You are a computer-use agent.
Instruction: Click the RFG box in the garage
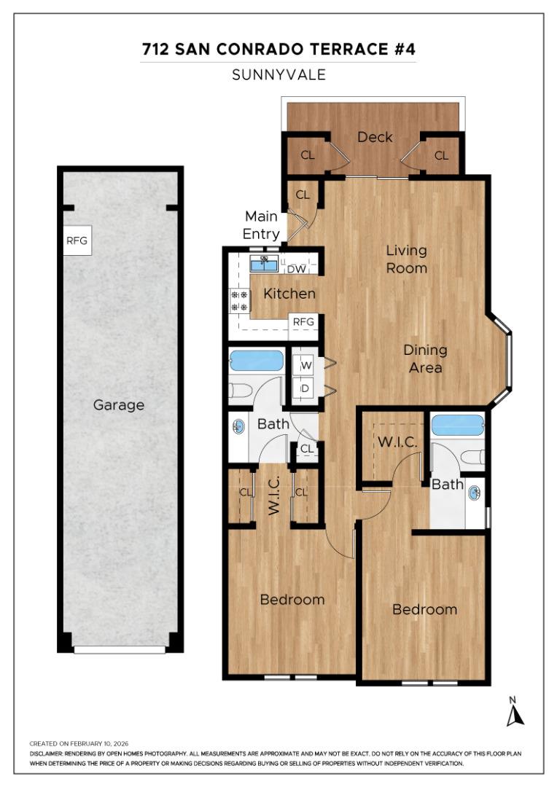77,242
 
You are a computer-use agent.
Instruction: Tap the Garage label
119,405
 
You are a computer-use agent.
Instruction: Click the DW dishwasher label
296,269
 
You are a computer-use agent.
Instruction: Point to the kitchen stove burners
239,301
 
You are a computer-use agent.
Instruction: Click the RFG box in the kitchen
303,321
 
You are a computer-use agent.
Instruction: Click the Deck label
375,137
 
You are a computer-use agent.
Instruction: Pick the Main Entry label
261,225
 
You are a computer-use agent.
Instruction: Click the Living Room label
406,259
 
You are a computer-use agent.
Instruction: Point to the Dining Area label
425,359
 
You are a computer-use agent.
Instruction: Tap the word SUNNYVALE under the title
278,74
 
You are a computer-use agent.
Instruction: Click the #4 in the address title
406,50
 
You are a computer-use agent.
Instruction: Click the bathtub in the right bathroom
457,426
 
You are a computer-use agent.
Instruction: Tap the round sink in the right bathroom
475,493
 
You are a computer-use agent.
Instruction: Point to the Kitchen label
289,294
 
